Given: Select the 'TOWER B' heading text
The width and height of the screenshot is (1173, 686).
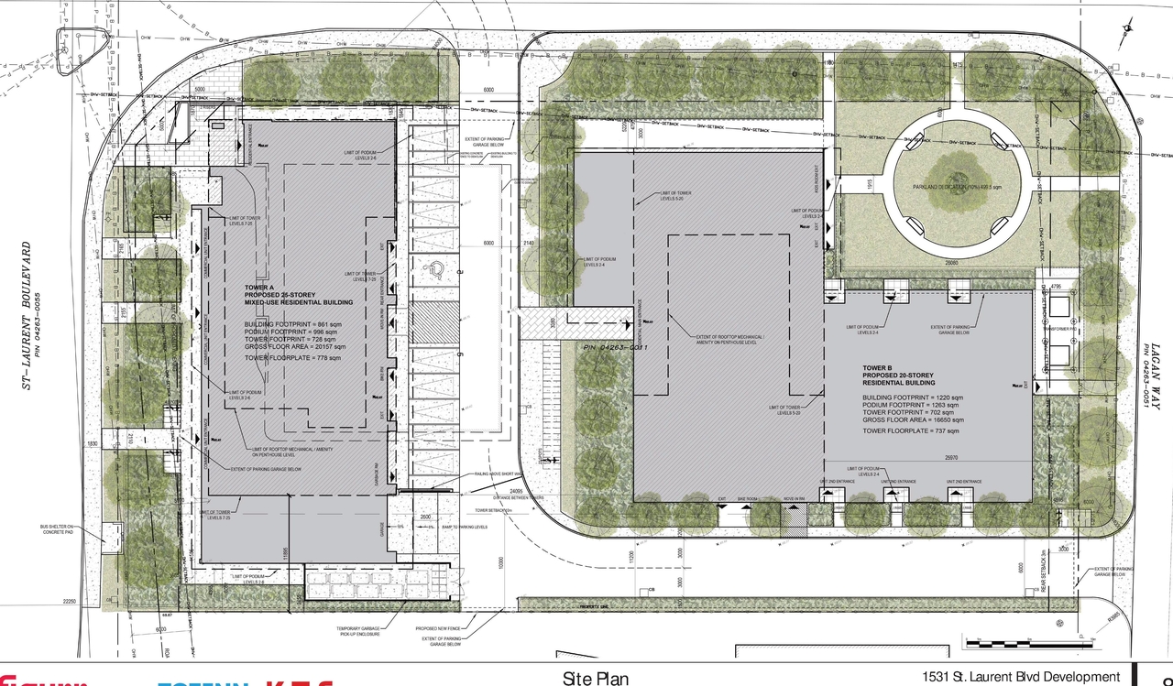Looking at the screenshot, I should (879, 368).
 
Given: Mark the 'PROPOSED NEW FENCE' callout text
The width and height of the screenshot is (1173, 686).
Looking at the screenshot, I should (437, 629).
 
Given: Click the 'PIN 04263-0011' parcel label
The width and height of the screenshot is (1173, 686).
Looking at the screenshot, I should (616, 348).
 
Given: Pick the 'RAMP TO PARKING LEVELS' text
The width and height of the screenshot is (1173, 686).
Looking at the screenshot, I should (465, 528).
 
